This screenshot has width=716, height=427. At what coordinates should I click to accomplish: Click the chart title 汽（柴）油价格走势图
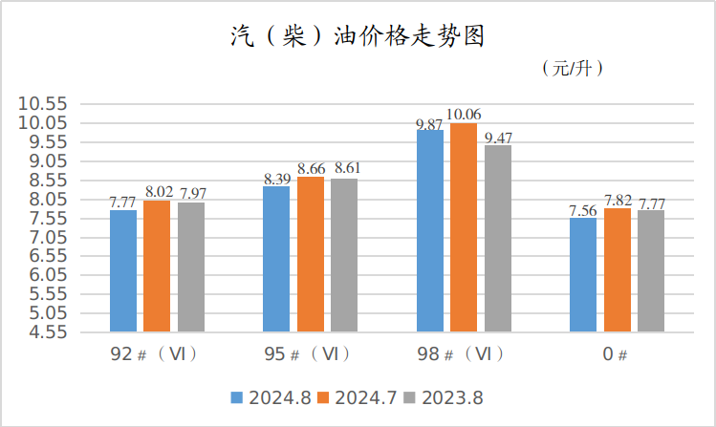(358, 36)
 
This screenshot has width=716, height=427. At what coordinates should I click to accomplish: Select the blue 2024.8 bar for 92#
(123, 271)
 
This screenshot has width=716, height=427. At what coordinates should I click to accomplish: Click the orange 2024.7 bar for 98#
(464, 227)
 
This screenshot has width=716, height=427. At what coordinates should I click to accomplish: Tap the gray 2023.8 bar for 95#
(344, 255)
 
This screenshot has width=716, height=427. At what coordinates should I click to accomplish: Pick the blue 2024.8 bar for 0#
(582, 275)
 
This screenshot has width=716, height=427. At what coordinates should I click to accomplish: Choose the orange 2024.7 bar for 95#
(311, 254)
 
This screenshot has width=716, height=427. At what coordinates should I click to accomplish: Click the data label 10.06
(465, 116)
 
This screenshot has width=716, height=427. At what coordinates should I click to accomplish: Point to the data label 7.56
(582, 210)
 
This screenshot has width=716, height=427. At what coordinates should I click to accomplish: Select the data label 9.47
(499, 138)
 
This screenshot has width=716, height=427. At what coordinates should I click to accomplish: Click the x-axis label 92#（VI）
(156, 354)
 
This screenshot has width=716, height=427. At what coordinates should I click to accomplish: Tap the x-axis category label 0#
(615, 354)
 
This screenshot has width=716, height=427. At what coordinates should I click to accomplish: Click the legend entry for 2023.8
(446, 397)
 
